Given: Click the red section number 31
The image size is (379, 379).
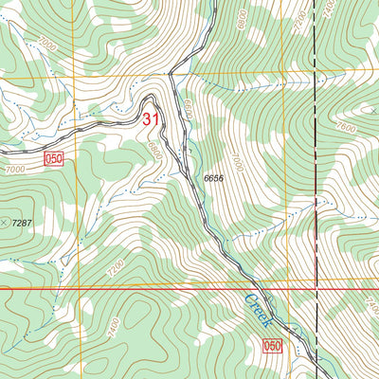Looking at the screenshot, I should (151, 119).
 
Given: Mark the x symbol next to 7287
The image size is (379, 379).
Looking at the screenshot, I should (6, 221).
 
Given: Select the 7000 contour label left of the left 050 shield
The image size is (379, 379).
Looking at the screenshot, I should (16, 169).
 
